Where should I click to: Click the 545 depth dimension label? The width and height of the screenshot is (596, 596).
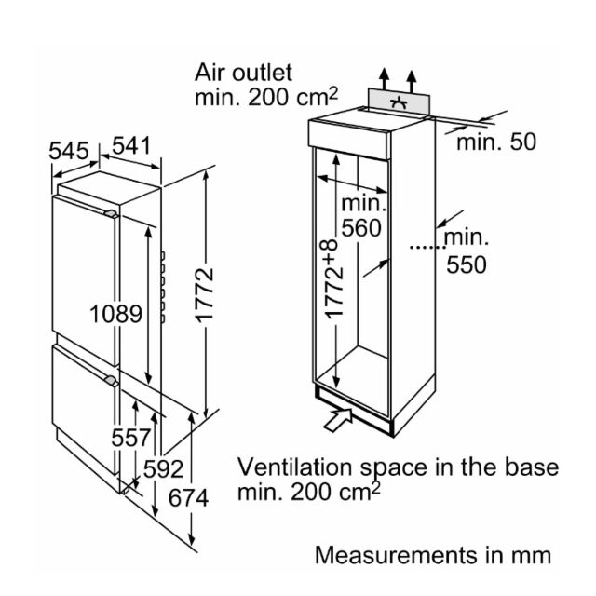69,151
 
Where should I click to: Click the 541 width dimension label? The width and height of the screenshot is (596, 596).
131,145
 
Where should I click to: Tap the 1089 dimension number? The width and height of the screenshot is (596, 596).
115,314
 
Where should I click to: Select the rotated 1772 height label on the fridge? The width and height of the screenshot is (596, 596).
205,295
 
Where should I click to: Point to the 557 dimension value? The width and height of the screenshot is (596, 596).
131,438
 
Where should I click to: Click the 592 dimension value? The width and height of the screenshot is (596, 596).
164,469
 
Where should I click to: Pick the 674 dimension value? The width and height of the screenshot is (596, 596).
188,497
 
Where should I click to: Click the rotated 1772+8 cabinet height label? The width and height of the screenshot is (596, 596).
334,278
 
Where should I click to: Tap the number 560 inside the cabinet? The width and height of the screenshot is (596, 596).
361,228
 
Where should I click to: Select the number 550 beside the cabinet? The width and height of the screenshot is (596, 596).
467,264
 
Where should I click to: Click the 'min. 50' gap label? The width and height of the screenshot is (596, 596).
496,142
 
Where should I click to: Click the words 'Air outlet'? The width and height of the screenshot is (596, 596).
243,73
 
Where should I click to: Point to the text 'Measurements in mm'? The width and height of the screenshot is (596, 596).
433,555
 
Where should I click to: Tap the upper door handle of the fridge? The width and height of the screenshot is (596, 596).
111,214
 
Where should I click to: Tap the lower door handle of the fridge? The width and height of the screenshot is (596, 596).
112,381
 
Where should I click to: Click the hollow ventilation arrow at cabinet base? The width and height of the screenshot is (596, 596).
338,419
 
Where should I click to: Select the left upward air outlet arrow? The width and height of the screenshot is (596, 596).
385,79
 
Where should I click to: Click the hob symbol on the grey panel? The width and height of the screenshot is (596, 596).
399,102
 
